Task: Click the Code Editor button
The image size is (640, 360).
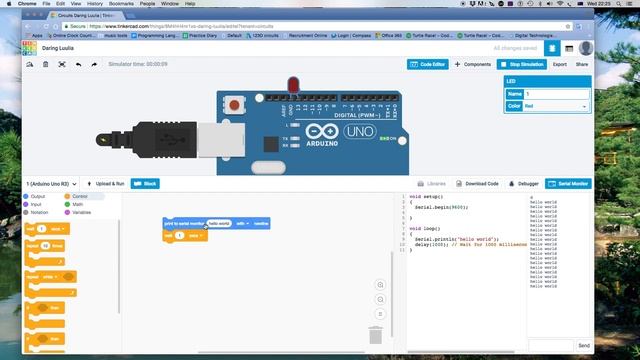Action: pos(428,64)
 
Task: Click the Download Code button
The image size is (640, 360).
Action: pos(482,184)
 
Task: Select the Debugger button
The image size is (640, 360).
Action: pos(527,184)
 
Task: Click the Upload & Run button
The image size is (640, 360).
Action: pos(106,184)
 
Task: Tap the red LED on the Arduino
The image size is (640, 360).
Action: pos(293,85)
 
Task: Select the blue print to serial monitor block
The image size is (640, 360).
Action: pos(184,223)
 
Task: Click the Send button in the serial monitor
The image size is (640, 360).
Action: pos(584,345)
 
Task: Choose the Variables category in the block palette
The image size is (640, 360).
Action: pos(80,212)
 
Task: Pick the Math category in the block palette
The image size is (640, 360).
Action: pos(77,204)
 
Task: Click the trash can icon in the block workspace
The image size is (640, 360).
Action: pos(375,335)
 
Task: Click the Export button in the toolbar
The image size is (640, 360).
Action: pos(560,64)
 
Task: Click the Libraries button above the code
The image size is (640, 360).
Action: pos(434,184)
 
